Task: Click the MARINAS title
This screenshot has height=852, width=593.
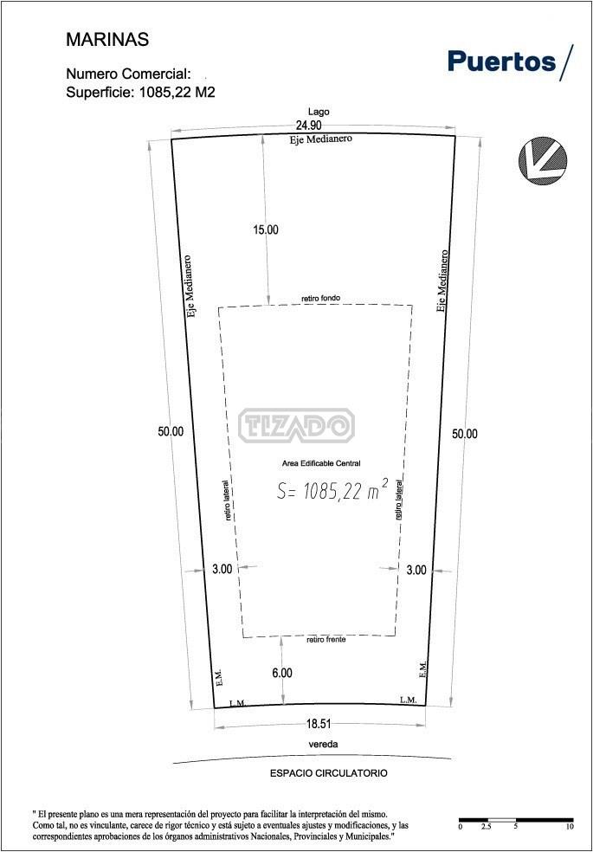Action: click(x=107, y=40)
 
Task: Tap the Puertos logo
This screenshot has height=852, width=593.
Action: click(x=510, y=61)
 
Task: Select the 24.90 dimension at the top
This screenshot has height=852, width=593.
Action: click(x=308, y=126)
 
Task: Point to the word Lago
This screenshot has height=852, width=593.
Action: click(x=319, y=112)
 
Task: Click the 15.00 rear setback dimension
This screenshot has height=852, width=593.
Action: click(x=266, y=229)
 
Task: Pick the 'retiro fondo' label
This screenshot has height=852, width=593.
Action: click(x=321, y=299)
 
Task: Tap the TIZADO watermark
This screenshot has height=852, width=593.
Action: click(x=296, y=425)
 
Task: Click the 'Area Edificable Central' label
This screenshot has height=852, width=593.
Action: click(x=321, y=463)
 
